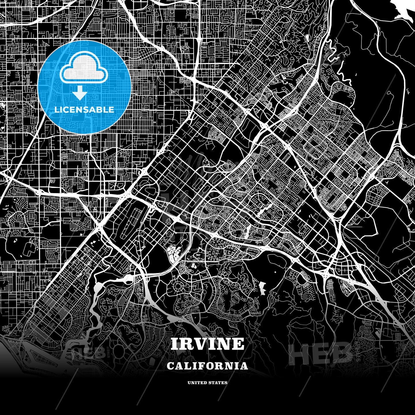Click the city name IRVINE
click(207, 344)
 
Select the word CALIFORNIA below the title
click(207, 366)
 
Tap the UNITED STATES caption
click(207, 383)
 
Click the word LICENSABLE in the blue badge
click(84, 110)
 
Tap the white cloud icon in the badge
click(84, 70)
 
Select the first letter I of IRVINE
click(174, 344)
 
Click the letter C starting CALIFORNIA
click(170, 366)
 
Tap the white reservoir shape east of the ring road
click(262, 288)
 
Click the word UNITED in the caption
click(197, 383)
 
